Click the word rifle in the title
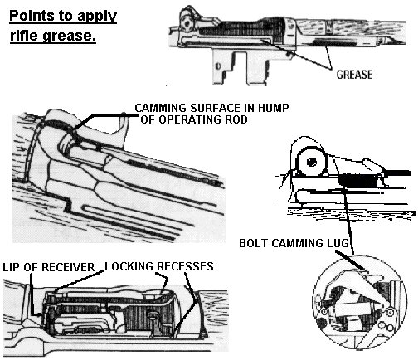point(22,37)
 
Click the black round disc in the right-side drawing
point(306,161)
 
